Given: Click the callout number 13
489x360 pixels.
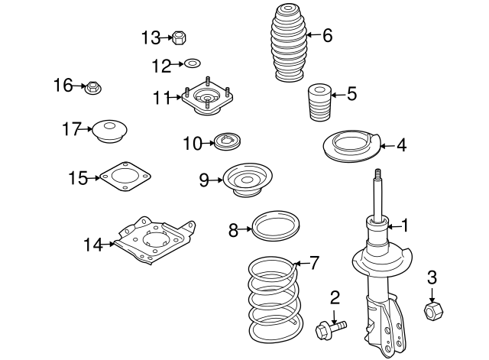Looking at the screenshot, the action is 151,37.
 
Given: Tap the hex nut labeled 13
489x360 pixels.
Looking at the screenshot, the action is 179,37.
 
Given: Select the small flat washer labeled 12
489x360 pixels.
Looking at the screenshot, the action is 192,63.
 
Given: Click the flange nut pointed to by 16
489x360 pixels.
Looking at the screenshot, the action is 93,88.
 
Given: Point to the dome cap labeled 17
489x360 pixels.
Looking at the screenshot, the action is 110,131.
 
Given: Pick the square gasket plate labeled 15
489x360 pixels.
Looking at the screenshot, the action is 125,177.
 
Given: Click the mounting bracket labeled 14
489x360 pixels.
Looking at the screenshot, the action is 154,241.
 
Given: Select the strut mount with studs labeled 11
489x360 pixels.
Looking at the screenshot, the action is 207,97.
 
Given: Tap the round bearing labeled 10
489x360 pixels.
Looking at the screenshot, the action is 228,141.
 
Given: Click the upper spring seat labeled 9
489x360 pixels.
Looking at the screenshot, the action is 248,180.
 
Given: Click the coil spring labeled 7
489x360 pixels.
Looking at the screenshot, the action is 275,300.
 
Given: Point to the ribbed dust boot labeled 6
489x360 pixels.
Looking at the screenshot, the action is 288,43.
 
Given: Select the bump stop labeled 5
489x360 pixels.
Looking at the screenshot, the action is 319,102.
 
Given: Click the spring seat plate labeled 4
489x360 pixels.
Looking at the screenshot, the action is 351,146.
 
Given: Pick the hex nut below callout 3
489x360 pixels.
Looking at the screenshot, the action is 433,311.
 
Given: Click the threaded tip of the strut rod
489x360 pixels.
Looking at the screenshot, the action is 378,174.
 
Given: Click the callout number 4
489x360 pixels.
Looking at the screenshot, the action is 402,145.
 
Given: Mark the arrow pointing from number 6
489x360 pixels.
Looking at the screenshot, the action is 314,34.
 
